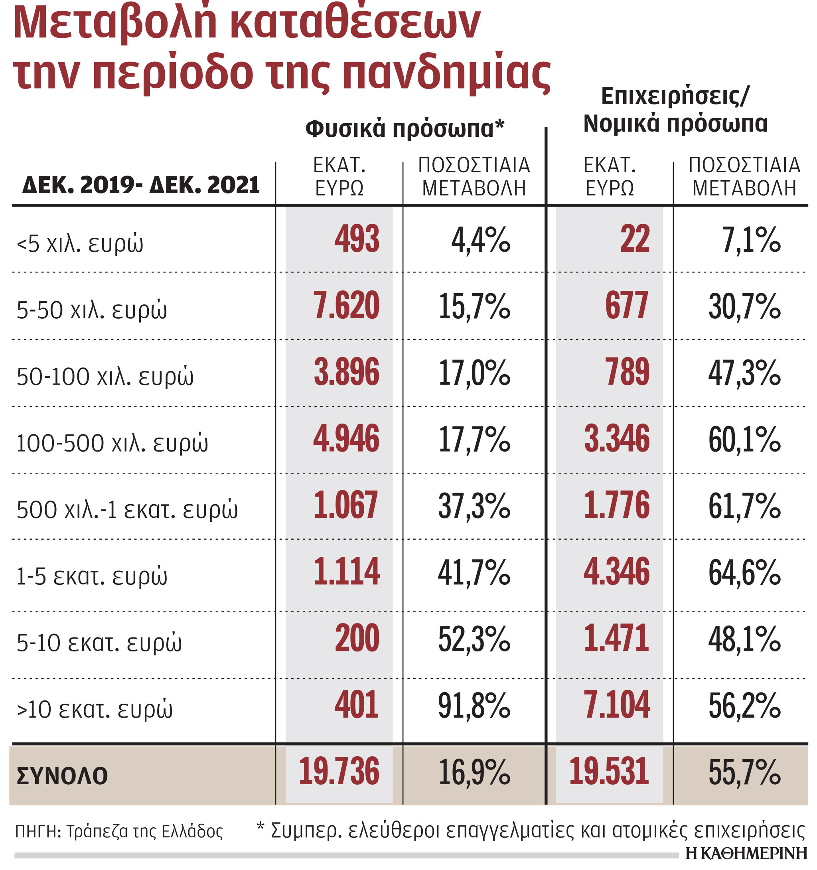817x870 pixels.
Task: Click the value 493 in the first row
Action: tap(357, 239)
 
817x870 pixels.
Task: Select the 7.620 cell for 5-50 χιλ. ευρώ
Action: tap(346, 306)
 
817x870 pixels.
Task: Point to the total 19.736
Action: tap(339, 771)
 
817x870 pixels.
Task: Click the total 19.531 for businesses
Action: tap(609, 771)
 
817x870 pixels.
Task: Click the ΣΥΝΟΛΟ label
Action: tap(62, 776)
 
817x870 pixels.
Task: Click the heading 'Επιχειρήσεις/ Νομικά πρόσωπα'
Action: tap(675, 109)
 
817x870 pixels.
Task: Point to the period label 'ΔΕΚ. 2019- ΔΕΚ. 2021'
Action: tap(141, 185)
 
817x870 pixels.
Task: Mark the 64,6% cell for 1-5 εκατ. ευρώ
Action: tap(744, 572)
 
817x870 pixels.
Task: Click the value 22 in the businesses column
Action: tap(635, 239)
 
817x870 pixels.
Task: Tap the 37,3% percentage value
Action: tap(474, 506)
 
